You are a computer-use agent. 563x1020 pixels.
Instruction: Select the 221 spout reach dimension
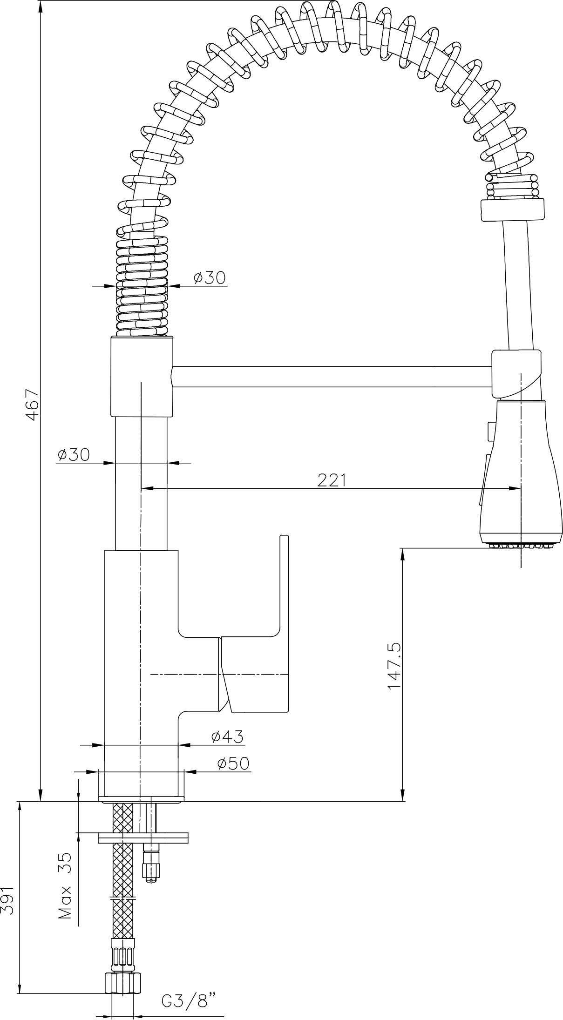click(x=332, y=480)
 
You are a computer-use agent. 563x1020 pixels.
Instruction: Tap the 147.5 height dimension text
click(x=394, y=667)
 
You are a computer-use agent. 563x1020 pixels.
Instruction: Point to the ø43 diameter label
click(x=227, y=736)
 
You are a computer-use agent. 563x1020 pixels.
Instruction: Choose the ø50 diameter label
click(x=233, y=763)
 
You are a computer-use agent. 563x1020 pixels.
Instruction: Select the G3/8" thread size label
click(x=189, y=1000)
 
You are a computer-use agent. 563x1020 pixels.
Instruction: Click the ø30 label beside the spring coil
click(x=210, y=277)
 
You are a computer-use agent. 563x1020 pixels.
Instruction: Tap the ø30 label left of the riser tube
click(x=73, y=454)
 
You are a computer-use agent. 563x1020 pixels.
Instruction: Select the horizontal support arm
click(x=332, y=376)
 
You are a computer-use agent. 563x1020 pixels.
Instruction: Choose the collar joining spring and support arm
click(x=142, y=377)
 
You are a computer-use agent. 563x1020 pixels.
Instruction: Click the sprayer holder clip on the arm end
click(x=517, y=375)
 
